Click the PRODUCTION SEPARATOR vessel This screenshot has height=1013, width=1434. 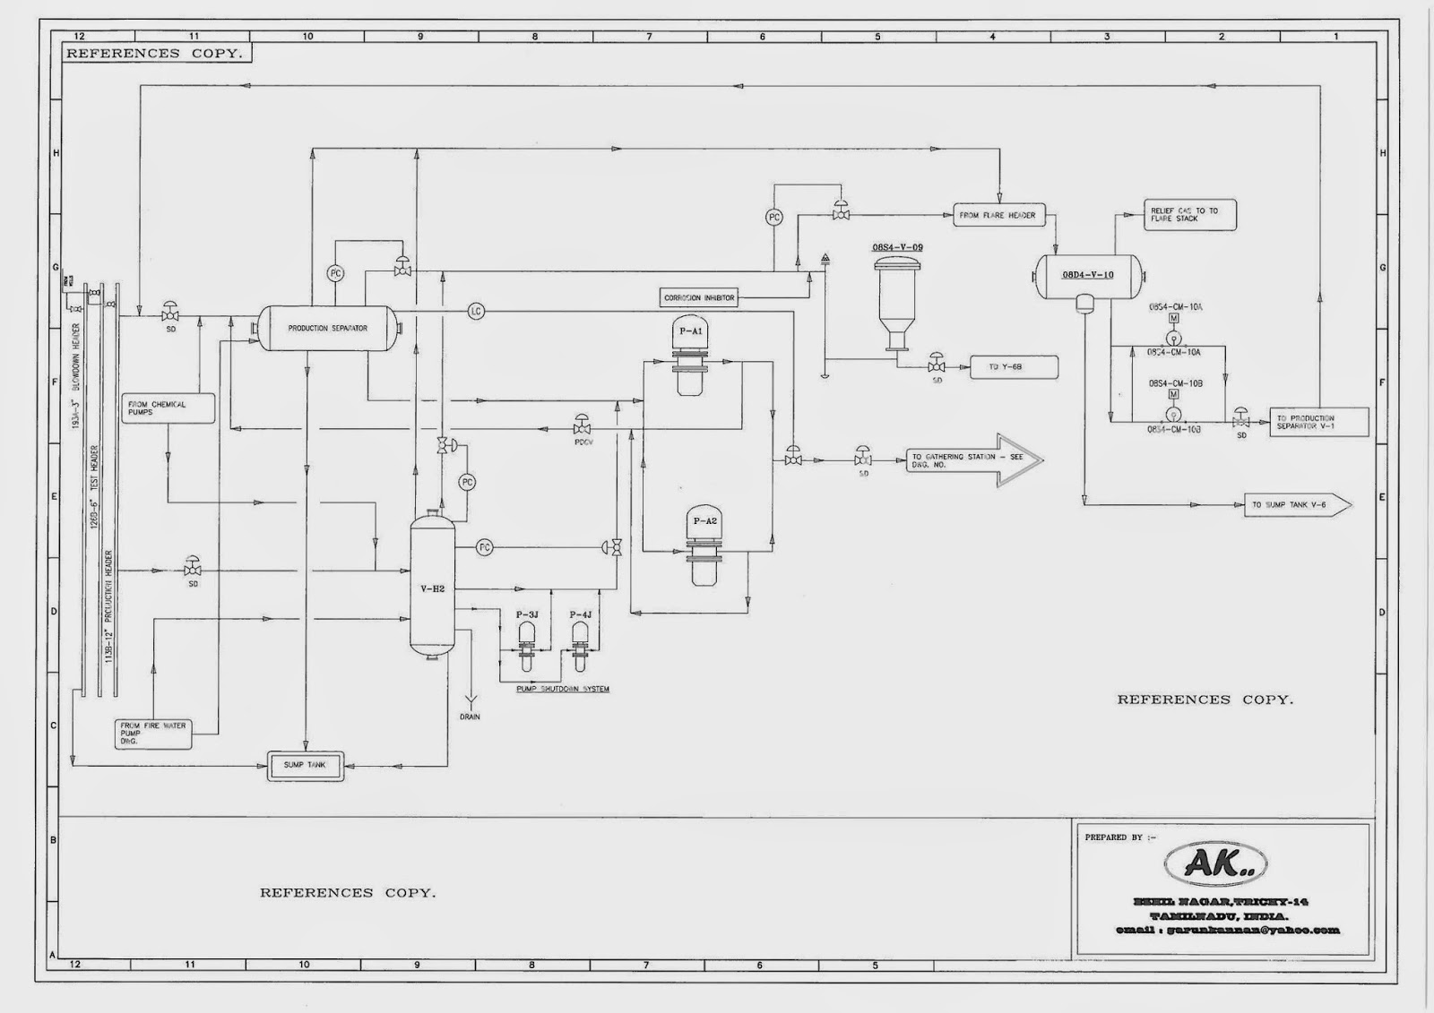click(x=327, y=329)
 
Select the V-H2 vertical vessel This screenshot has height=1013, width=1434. click(x=433, y=588)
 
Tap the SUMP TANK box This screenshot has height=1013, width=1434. click(x=306, y=766)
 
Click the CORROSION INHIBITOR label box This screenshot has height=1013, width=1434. click(x=700, y=298)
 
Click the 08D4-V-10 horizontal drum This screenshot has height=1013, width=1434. click(x=1089, y=275)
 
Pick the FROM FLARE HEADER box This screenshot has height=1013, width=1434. click(x=997, y=215)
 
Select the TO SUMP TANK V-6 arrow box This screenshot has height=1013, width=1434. click(x=1296, y=505)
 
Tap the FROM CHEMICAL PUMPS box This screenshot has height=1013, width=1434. click(x=169, y=408)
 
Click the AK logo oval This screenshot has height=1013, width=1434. click(x=1214, y=863)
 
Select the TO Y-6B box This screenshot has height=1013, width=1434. click(x=1014, y=367)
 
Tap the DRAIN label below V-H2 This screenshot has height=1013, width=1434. click(x=470, y=717)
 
